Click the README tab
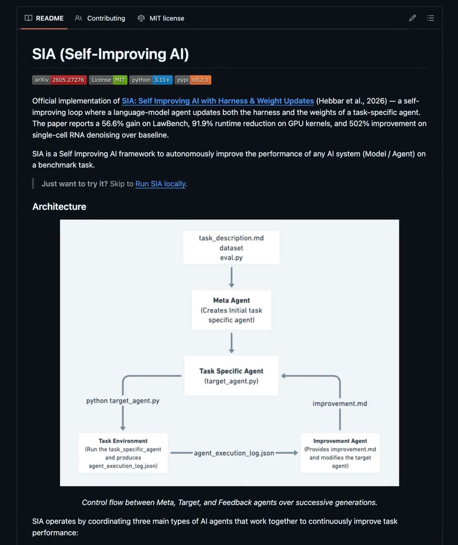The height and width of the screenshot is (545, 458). (44, 18)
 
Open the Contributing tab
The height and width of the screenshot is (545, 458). (100, 18)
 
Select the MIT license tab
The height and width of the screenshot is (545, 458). (161, 18)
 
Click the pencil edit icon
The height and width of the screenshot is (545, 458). (413, 18)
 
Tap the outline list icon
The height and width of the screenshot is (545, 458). (430, 18)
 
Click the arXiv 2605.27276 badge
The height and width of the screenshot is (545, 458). (59, 80)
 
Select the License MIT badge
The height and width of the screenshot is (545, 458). (108, 80)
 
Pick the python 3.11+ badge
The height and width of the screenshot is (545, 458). (151, 80)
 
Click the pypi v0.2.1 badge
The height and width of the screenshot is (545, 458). (193, 80)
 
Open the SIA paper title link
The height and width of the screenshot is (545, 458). (218, 101)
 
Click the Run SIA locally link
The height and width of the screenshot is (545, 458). (160, 184)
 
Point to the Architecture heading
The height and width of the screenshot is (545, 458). (59, 207)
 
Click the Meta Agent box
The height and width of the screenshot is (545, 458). (232, 310)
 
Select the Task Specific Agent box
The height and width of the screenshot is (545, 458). (232, 376)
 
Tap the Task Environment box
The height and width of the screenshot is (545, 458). (123, 453)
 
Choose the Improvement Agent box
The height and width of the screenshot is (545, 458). (340, 453)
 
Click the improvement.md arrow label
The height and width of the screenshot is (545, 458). (340, 404)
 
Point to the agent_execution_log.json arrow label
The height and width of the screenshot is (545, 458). (234, 453)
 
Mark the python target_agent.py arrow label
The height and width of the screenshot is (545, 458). (123, 401)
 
